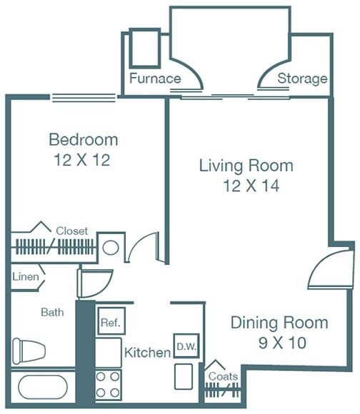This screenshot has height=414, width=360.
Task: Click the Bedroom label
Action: [x=83, y=139]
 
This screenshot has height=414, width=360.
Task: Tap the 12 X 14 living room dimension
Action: [x=246, y=187]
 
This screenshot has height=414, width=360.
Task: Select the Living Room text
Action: [x=246, y=166]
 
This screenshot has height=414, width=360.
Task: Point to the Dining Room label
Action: [x=279, y=322]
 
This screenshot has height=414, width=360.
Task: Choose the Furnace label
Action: [x=155, y=79]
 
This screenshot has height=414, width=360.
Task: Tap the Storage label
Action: [x=302, y=79]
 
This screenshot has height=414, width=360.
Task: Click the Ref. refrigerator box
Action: [x=109, y=323]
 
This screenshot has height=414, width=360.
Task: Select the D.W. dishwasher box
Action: [x=186, y=346]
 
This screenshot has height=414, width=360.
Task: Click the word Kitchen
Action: [x=147, y=353]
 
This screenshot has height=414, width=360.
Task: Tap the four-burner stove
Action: [x=109, y=385]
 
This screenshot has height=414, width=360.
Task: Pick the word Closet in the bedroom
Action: [x=71, y=231]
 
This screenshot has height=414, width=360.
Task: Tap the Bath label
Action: [x=52, y=312]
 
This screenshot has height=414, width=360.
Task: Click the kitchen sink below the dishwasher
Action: [x=184, y=375]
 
